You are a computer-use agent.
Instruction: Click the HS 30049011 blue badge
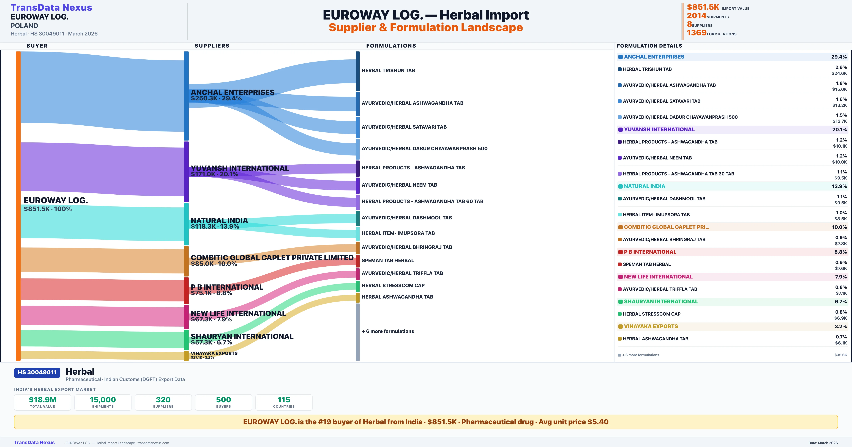37,372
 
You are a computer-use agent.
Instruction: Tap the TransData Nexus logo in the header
51,8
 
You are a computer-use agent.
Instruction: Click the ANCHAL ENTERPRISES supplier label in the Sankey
233,92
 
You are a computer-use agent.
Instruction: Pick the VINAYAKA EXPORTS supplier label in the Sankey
214,353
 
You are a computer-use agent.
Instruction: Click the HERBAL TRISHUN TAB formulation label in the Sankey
388,70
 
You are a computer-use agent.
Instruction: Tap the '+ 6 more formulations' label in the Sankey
388,331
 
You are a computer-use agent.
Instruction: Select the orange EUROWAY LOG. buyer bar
18,205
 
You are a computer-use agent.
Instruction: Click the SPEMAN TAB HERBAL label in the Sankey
388,261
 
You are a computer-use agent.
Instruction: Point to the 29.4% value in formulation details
839,57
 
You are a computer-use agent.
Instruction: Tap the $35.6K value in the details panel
840,355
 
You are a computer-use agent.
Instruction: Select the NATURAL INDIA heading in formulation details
644,186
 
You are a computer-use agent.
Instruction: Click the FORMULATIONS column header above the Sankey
391,46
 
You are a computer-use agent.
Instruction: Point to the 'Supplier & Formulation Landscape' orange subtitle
426,27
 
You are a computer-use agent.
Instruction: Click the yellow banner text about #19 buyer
426,422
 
